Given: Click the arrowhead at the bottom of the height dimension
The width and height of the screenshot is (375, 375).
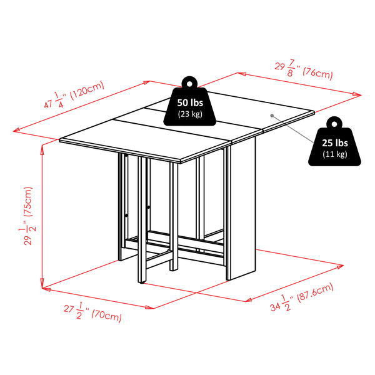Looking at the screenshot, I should point(42,285).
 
